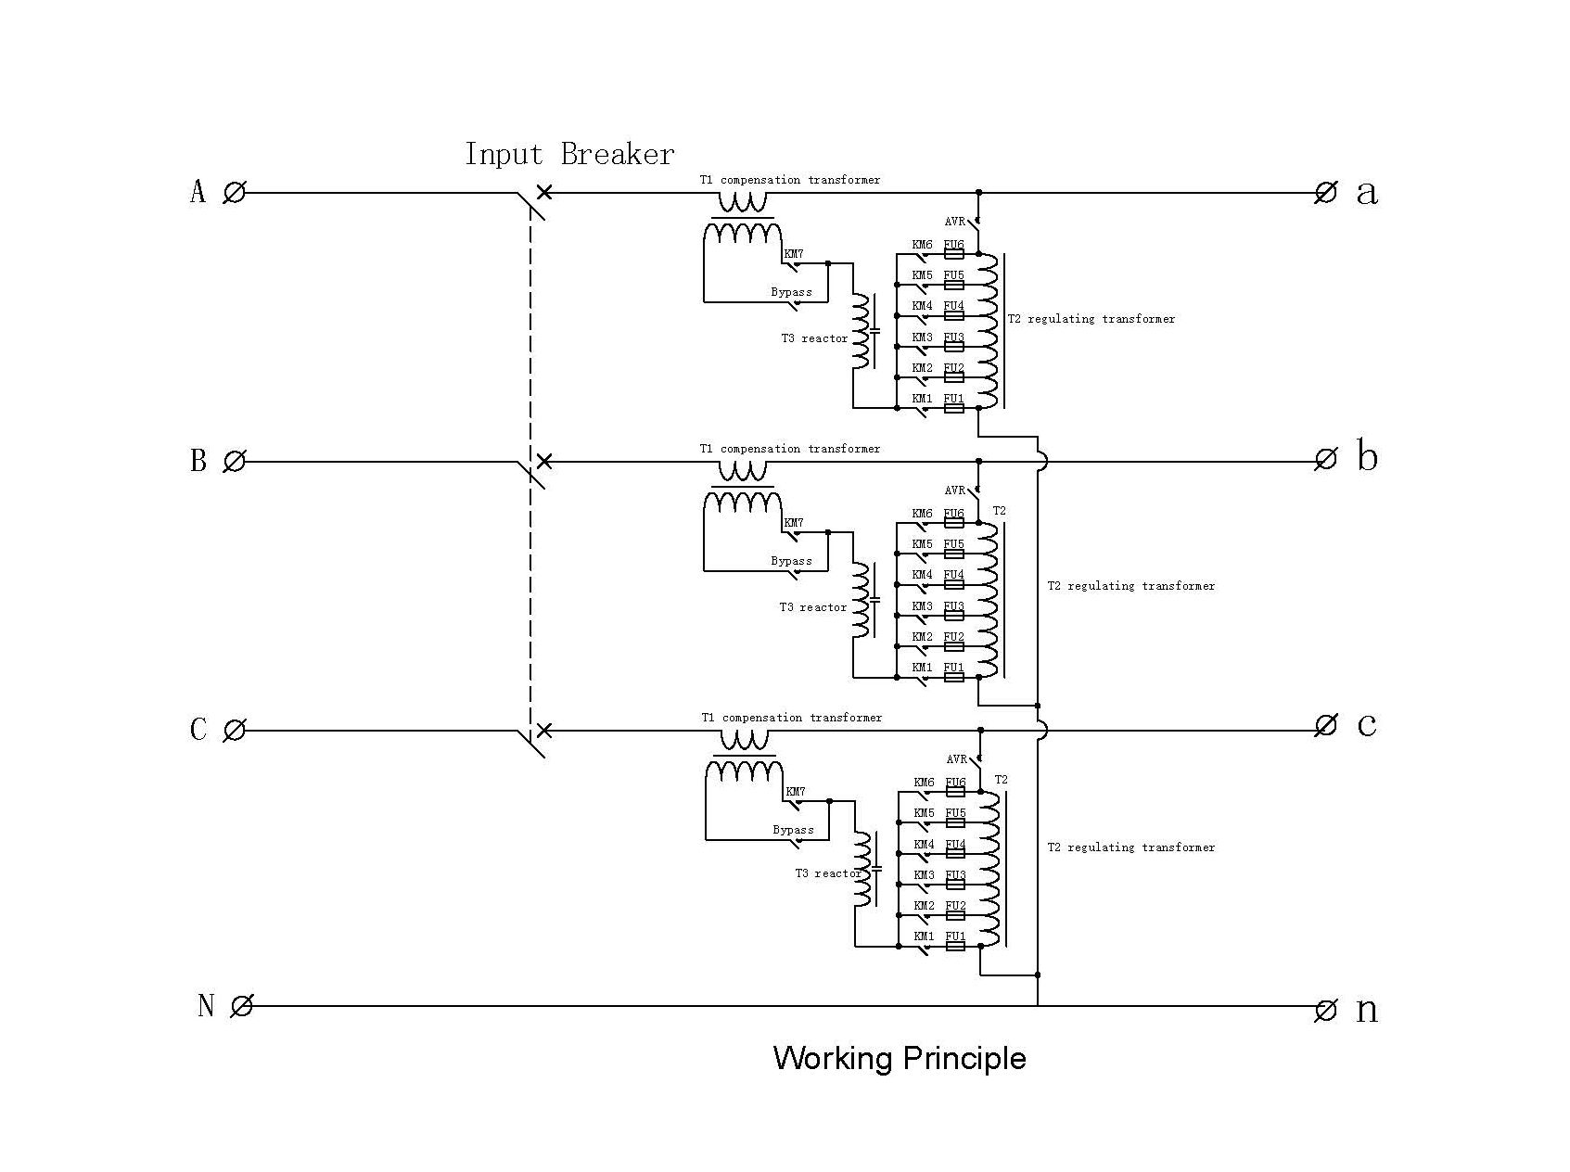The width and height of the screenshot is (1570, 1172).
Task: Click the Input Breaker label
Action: (569, 154)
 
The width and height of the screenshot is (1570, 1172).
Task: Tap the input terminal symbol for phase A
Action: (235, 193)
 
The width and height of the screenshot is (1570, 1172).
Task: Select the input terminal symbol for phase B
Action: (235, 461)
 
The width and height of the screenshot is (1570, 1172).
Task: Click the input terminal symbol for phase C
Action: (235, 730)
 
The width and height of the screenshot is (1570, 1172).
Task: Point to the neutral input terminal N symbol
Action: (241, 1006)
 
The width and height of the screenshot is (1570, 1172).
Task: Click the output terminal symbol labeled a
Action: (1326, 193)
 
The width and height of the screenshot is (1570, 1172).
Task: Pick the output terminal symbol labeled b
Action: (1326, 459)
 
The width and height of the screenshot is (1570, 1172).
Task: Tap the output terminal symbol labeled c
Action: (1326, 725)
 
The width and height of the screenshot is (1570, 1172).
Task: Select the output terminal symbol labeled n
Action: (1326, 1011)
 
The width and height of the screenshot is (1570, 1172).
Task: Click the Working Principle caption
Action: (900, 1058)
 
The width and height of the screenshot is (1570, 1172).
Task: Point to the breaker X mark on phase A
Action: (545, 192)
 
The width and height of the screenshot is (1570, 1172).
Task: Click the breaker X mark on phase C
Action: (544, 730)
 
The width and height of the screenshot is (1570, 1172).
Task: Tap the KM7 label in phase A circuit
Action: (794, 254)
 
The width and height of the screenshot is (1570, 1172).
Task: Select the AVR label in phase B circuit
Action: (955, 490)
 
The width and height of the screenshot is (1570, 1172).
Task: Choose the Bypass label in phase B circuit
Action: (791, 561)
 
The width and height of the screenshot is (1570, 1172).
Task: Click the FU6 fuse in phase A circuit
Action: (954, 253)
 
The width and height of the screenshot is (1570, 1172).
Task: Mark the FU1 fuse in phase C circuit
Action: (956, 946)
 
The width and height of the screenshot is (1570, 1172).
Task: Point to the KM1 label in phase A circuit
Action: (922, 399)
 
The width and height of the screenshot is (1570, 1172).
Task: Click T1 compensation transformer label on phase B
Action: (790, 449)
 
